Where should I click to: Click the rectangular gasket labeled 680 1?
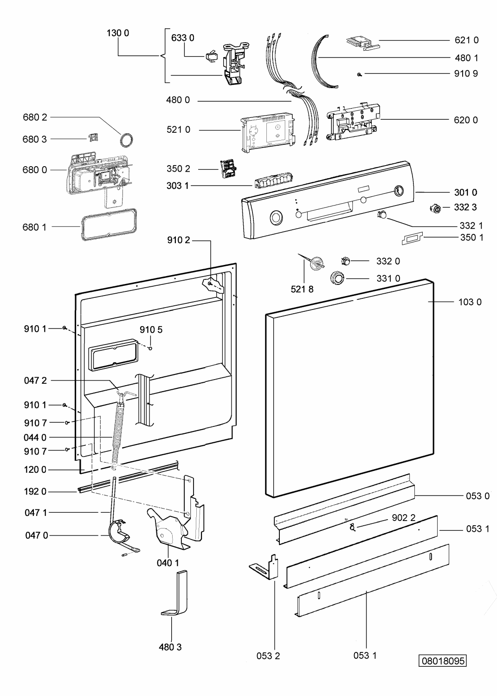[107, 226]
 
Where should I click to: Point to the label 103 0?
[470, 302]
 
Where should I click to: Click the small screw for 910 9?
[360, 74]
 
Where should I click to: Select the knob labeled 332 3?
[435, 208]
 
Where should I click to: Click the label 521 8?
[302, 289]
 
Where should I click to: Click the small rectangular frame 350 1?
[412, 238]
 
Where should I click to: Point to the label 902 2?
[403, 517]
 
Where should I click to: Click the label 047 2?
[35, 380]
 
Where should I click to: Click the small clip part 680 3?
[94, 137]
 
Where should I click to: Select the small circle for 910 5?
[150, 348]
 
